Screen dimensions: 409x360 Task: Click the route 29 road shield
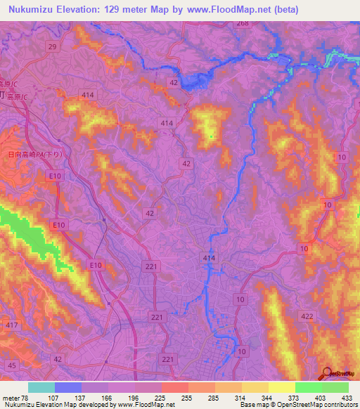pos(52,46)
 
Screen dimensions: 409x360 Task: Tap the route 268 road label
pos(243,24)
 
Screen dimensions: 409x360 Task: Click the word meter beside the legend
pos(11,397)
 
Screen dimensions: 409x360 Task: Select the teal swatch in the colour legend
pos(41,387)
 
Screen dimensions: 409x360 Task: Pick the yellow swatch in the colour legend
pos(281,387)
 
